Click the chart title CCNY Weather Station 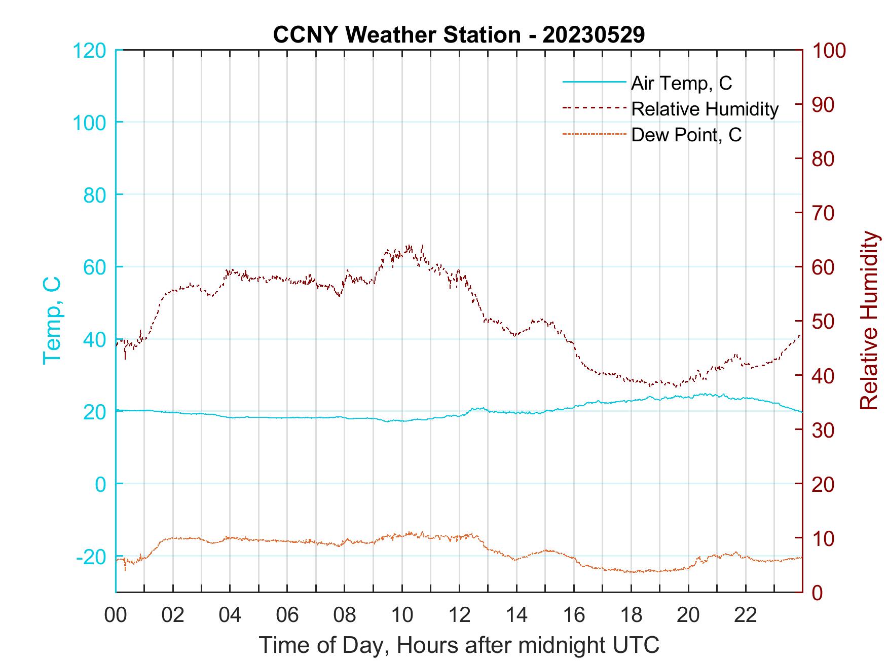point(459,35)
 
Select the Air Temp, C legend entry point(681,83)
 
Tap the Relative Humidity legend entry point(705,109)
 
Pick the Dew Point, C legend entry point(686,135)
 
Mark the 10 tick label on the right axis point(823,538)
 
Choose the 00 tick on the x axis point(116,615)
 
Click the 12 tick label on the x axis point(459,615)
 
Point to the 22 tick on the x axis point(746,615)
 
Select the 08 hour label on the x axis point(345,615)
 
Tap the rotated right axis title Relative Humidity point(868,321)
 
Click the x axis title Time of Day point(459,645)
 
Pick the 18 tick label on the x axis point(631,615)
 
